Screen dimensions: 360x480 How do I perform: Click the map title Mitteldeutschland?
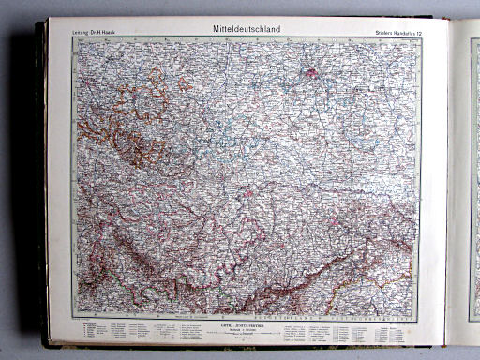coord(247,29)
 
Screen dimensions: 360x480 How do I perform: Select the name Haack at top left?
coord(119,35)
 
